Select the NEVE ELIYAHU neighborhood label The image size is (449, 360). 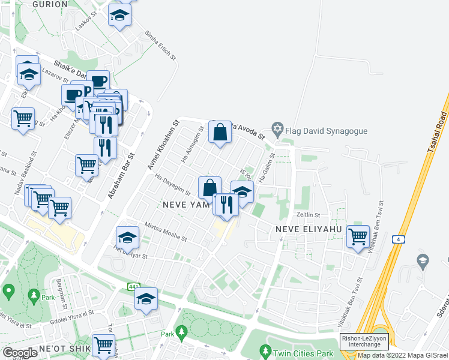click(x=308, y=230)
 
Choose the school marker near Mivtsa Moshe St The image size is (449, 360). click(x=127, y=238)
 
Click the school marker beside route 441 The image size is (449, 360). click(x=146, y=298)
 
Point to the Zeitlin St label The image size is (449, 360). click(x=307, y=215)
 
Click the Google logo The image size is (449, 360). click(x=20, y=352)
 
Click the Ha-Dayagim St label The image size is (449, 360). click(x=172, y=185)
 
